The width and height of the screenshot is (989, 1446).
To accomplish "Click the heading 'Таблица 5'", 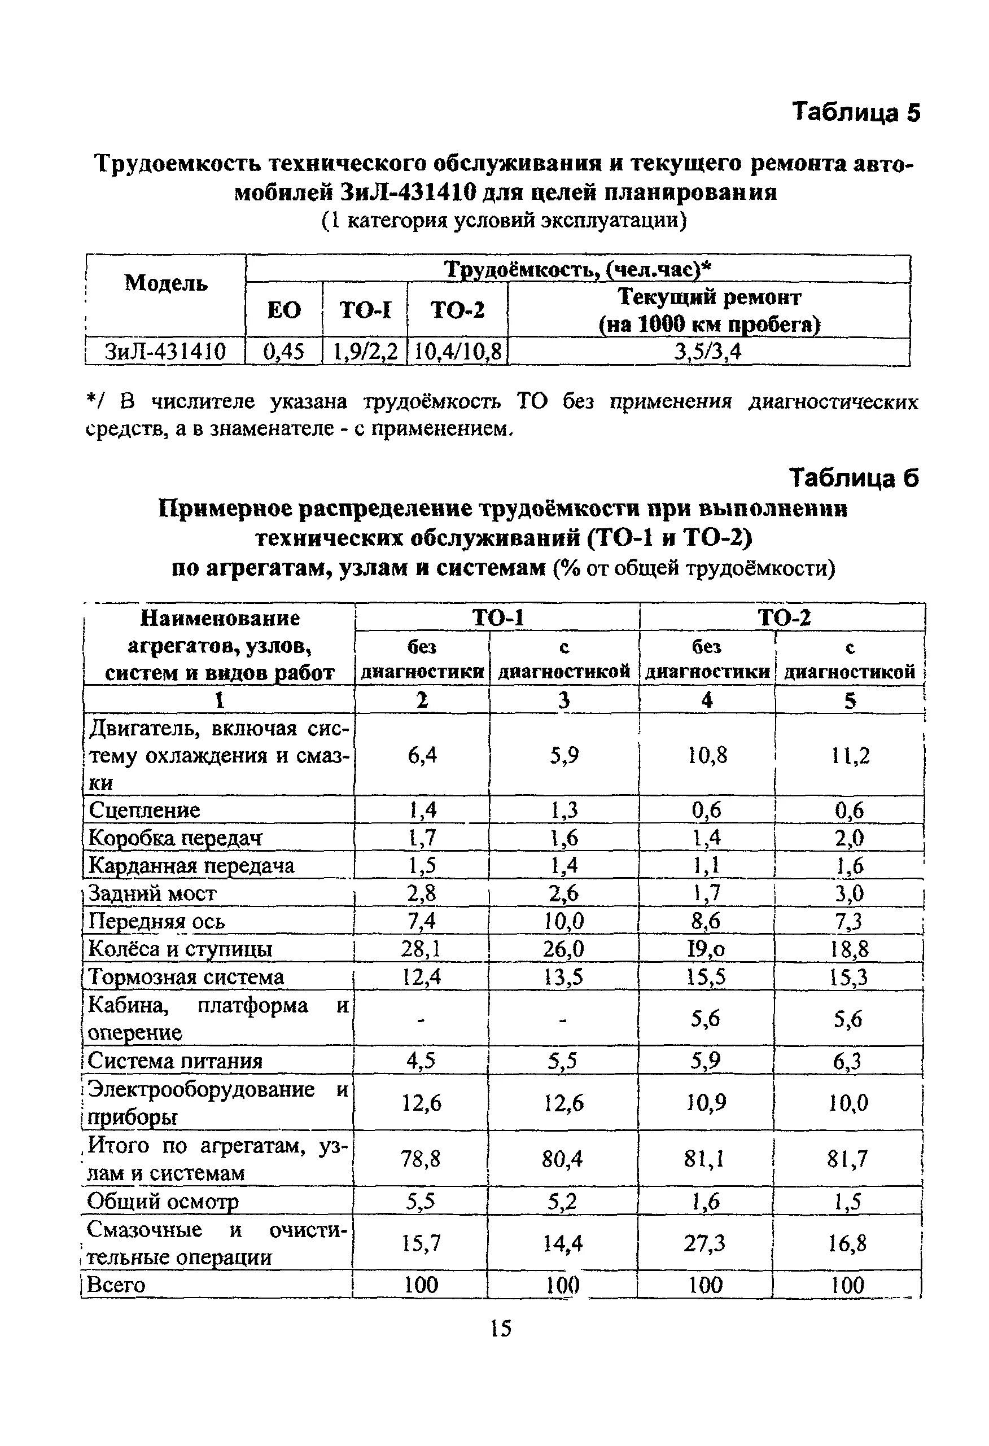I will coord(855,113).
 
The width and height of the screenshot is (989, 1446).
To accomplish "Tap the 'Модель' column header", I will coord(166,283).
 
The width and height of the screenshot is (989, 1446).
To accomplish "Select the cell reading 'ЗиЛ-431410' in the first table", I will coord(165,352).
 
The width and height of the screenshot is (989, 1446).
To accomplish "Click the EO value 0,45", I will coord(284,352).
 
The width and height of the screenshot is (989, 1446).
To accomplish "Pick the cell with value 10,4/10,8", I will coord(457,352).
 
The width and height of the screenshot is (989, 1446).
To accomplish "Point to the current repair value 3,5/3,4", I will coord(708,352).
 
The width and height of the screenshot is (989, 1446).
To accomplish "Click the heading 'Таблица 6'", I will coord(854,478).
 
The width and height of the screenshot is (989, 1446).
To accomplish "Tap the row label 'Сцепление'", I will coord(145,810).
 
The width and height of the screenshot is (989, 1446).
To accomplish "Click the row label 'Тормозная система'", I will coord(186,977).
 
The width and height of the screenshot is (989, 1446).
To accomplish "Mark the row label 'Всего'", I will coord(116,1284).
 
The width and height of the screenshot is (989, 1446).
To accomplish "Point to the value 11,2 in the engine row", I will coord(850,755).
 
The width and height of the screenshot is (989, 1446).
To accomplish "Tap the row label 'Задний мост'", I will coord(152,893).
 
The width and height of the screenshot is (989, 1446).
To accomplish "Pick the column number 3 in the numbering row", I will coord(564,700).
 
